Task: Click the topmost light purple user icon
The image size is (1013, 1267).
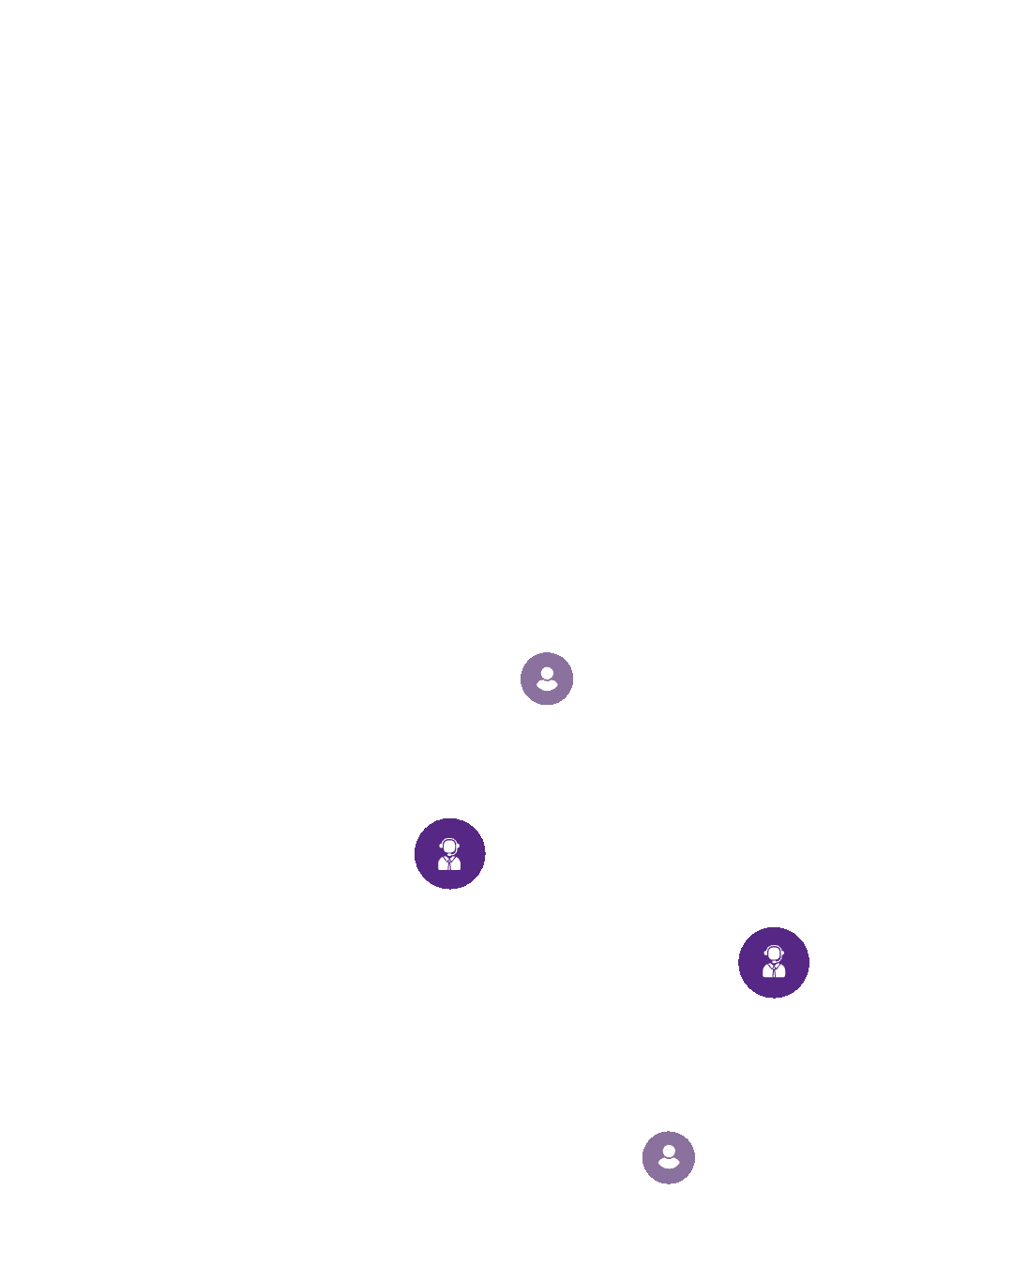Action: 547,679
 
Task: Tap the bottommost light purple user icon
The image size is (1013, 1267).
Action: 669,1157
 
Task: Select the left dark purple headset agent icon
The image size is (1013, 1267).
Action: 450,853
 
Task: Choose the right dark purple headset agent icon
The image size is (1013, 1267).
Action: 774,962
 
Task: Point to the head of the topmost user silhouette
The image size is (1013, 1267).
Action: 547,673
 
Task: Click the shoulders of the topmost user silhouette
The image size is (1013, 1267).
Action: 547,686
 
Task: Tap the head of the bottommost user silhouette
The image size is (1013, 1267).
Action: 669,1152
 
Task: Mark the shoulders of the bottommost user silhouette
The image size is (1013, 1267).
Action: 669,1165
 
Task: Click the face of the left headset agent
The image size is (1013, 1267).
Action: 449,847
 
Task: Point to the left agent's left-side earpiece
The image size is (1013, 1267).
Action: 441,847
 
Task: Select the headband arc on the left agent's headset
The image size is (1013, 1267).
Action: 449,839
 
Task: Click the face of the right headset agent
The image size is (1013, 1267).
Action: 774,954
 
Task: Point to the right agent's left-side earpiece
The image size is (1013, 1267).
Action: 765,954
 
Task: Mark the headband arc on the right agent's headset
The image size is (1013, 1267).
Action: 774,946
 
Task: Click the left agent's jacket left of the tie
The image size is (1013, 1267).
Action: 443,864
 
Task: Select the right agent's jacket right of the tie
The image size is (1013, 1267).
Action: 780,971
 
